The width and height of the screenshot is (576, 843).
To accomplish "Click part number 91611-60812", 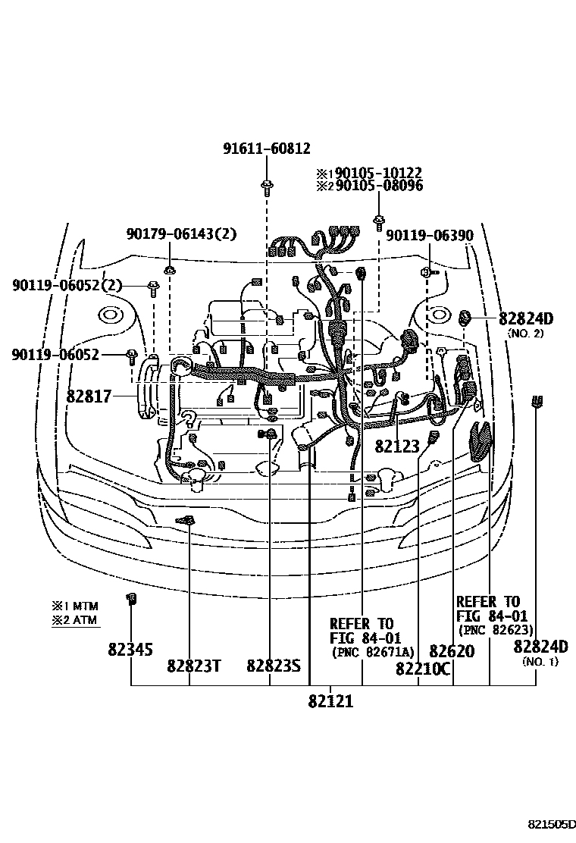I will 266,149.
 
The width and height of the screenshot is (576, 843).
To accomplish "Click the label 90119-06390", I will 430,236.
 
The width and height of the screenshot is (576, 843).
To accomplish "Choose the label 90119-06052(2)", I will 67,285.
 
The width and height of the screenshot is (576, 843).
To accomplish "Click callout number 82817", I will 89,395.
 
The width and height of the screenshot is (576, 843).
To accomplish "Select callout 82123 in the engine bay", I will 397,447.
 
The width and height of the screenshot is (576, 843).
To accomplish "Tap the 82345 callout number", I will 130,649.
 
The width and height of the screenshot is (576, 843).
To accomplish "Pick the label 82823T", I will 194,666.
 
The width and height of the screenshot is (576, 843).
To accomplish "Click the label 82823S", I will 274,666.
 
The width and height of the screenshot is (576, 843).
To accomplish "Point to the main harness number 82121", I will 330,701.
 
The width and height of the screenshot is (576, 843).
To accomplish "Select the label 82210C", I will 423,669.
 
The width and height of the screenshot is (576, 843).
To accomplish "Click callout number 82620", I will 452,650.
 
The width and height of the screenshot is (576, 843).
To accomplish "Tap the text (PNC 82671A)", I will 372,652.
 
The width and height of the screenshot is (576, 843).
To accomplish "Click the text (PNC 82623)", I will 496,630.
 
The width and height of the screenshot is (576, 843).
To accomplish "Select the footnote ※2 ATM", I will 75,620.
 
